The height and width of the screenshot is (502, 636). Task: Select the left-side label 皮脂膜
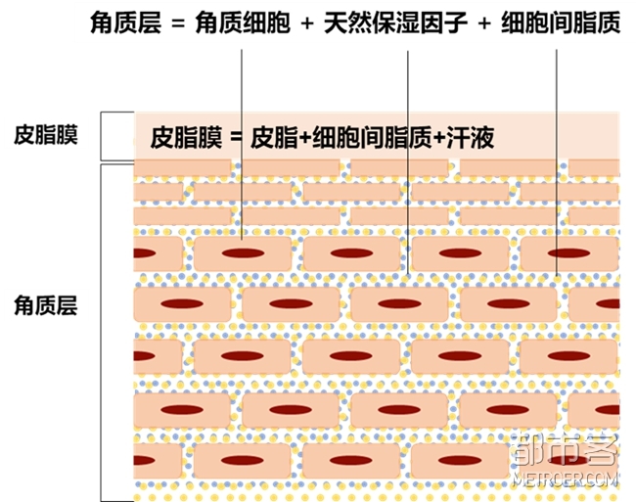pos(46,135)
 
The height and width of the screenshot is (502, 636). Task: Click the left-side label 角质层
pos(46,306)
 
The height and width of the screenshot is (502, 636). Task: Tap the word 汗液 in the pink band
pos(470,138)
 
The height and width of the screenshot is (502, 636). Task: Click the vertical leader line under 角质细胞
pos(241,147)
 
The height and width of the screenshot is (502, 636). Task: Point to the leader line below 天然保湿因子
pos(405,147)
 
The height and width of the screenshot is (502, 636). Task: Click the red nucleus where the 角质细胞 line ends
pos(242,253)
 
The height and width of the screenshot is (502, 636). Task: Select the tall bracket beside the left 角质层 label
pos(102,333)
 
